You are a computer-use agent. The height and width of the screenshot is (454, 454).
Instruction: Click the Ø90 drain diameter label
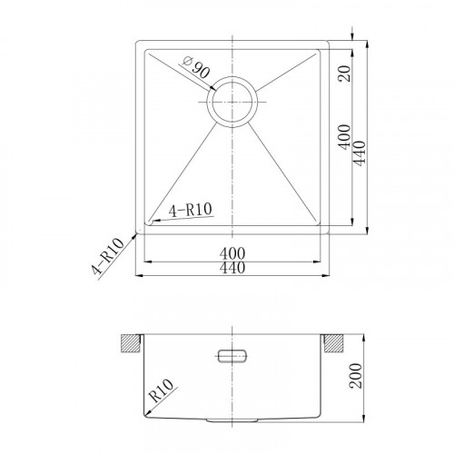[196, 67]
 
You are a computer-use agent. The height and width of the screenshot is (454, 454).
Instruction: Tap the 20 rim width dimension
[345, 74]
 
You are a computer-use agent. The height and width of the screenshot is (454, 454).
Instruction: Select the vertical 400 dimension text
[344, 137]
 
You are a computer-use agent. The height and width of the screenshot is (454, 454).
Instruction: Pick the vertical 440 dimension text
[360, 153]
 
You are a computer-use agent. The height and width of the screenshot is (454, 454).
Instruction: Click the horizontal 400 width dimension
[232, 253]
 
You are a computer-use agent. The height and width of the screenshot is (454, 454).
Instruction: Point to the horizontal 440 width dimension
[232, 268]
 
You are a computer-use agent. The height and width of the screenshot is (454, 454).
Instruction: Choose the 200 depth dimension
[355, 376]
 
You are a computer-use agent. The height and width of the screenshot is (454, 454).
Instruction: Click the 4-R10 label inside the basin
[191, 210]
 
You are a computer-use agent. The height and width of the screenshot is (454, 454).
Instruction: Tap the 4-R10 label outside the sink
[108, 257]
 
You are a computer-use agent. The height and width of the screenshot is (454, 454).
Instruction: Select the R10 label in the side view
[162, 390]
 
